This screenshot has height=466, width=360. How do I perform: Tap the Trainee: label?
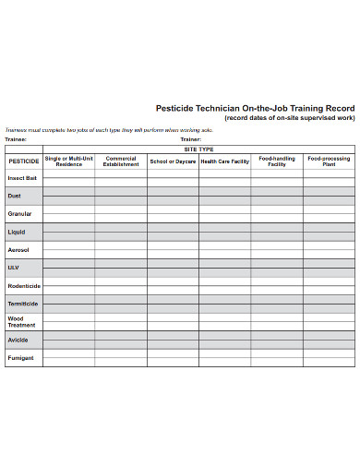click(x=17, y=139)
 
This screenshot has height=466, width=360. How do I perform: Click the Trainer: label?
click(x=191, y=139)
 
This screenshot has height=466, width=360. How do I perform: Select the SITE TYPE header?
click(x=198, y=149)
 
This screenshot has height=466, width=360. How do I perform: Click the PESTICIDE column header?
click(x=24, y=161)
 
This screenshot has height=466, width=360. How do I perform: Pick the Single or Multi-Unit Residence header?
click(x=69, y=161)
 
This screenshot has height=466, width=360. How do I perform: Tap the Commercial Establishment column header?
click(x=121, y=161)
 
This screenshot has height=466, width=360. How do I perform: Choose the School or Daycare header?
click(x=173, y=161)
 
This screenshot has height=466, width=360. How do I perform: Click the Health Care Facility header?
click(x=224, y=161)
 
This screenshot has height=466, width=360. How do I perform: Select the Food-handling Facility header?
click(x=277, y=161)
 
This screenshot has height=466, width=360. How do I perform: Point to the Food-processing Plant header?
click(x=329, y=161)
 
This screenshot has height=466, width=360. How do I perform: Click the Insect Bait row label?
click(x=23, y=178)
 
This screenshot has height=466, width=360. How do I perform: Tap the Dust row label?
click(x=14, y=196)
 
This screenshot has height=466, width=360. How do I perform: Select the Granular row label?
click(x=19, y=214)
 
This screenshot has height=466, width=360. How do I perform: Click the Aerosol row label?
click(x=18, y=249)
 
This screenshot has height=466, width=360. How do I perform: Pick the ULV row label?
click(x=13, y=268)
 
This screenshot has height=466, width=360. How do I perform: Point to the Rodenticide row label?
click(x=24, y=285)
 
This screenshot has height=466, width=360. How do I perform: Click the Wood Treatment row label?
click(x=21, y=321)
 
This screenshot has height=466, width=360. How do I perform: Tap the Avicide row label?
click(x=18, y=339)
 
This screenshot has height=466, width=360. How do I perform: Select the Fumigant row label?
click(x=20, y=357)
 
